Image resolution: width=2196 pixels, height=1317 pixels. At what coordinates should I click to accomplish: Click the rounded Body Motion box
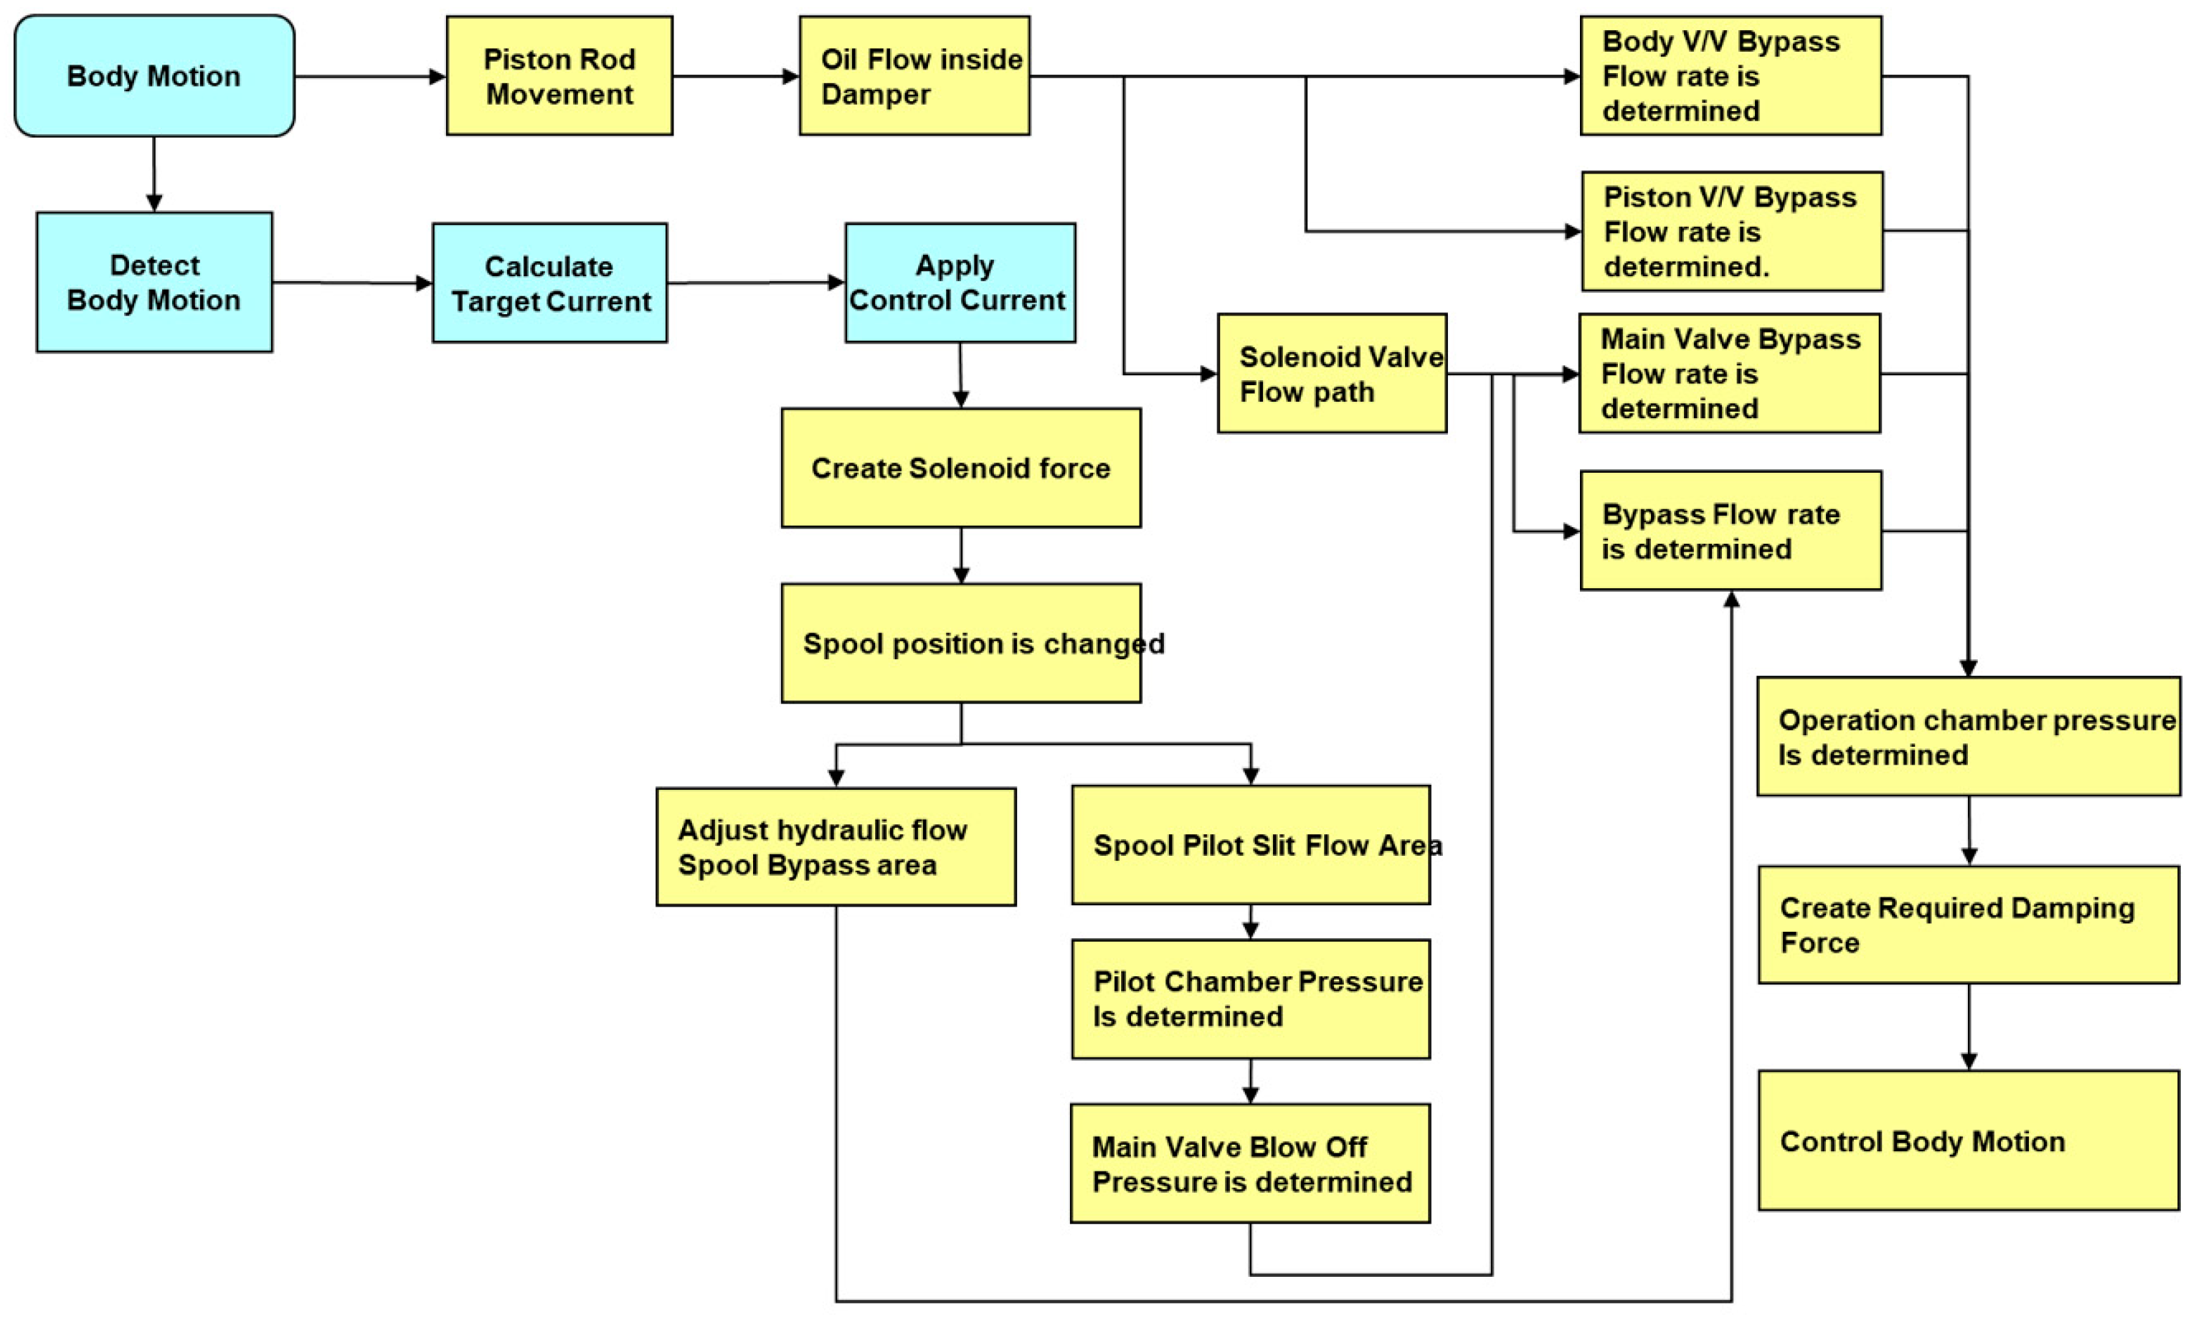click(x=154, y=75)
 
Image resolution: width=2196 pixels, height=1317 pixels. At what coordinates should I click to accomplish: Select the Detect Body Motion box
click(x=154, y=282)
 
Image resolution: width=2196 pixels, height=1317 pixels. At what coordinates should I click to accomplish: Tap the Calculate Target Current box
click(x=550, y=282)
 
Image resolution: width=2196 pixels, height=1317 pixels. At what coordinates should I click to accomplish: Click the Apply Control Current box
click(x=960, y=282)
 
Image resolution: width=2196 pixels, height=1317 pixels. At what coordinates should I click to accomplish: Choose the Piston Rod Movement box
click(x=559, y=75)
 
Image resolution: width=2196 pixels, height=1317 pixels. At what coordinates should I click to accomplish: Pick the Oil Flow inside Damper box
click(x=914, y=75)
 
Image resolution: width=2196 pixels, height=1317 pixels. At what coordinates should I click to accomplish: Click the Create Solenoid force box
click(x=961, y=468)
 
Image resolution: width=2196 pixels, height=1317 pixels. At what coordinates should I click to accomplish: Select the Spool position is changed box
click(x=961, y=643)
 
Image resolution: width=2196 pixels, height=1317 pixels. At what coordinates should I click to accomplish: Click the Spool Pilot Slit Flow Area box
click(x=1251, y=845)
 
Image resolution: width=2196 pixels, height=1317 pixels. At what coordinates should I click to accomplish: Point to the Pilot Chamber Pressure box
click(x=1251, y=999)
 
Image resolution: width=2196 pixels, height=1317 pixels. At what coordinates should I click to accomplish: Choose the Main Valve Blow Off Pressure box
click(x=1250, y=1163)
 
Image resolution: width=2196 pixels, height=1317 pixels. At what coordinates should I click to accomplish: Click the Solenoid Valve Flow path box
click(x=1332, y=374)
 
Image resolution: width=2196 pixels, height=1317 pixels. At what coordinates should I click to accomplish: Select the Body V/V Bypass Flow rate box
click(x=1730, y=75)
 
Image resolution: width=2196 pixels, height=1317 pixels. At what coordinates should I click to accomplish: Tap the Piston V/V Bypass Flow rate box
click(x=1732, y=232)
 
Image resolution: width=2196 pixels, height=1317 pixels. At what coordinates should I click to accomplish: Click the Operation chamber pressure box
click(x=1968, y=737)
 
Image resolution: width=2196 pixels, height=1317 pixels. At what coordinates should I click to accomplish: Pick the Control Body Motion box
click(x=1968, y=1141)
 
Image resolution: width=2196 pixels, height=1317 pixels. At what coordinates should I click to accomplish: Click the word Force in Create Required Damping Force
click(x=1819, y=943)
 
